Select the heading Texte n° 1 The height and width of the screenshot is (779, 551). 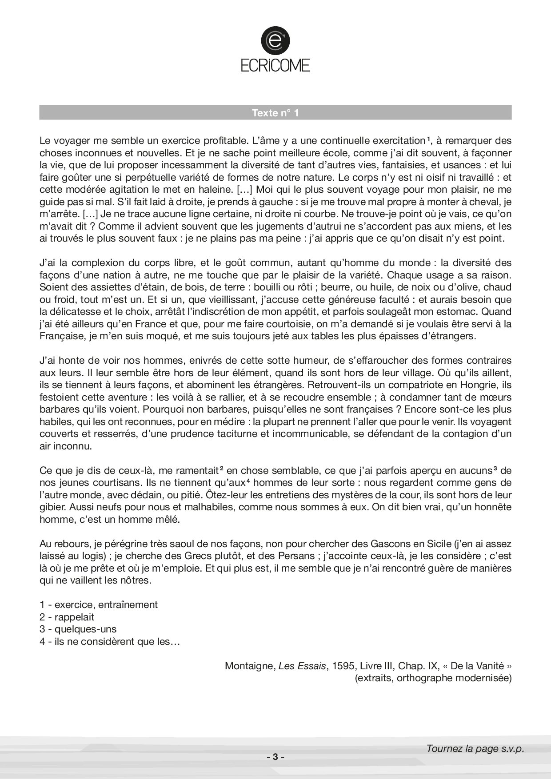point(275,113)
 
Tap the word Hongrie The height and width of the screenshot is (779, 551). point(479,384)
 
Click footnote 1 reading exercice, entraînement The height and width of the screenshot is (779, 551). point(98,604)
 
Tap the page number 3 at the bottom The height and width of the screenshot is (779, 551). point(275,757)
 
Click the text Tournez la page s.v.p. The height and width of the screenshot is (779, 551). point(475,748)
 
